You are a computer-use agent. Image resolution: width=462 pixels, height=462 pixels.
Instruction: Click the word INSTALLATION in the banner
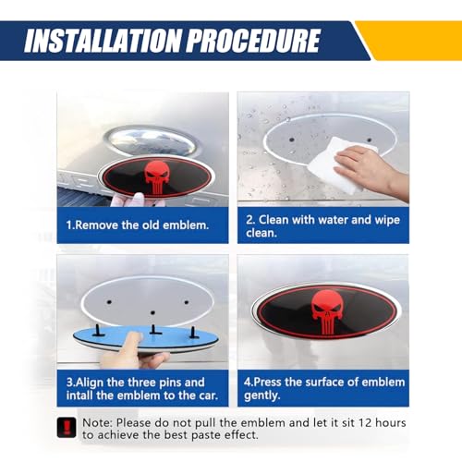click(x=103, y=41)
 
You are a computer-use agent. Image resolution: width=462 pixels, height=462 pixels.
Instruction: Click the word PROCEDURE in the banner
click(x=254, y=41)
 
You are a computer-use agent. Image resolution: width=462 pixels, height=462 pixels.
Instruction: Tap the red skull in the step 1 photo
click(x=157, y=177)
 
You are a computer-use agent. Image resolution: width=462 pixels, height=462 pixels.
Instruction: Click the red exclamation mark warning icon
click(x=67, y=427)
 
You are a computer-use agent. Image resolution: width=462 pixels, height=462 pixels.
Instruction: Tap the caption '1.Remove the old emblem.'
click(x=138, y=225)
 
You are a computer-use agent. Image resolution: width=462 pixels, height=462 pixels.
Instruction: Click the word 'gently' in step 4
click(x=261, y=395)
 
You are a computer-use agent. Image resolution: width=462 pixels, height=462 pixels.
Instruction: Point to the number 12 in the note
click(x=364, y=422)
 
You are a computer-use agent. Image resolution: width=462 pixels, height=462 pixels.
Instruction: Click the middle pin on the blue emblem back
click(x=153, y=330)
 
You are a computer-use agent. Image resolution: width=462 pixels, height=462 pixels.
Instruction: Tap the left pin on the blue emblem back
click(x=99, y=330)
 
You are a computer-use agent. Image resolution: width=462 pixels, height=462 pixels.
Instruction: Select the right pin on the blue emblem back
click(x=192, y=332)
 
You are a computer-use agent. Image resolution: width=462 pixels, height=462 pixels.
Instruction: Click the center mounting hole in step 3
click(x=152, y=312)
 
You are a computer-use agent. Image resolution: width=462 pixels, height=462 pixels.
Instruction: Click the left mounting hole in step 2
click(x=292, y=140)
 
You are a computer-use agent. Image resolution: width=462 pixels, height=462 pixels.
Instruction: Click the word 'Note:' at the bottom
click(x=97, y=422)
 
